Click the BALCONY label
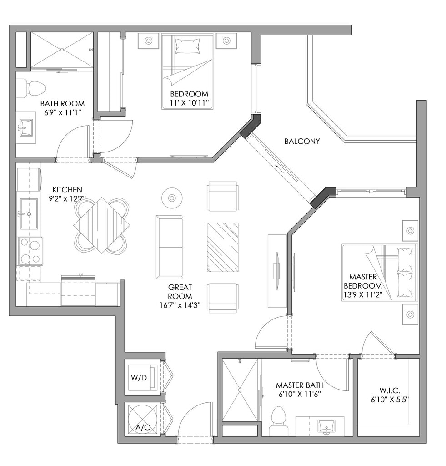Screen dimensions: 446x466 (301, 141)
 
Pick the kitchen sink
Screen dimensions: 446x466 (28, 213)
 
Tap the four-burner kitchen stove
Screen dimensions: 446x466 (30, 251)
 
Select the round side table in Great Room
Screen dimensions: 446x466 (172, 198)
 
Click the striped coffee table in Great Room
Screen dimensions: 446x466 (223, 247)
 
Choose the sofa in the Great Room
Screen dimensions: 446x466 (169, 247)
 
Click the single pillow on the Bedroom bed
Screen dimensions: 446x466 (188, 46)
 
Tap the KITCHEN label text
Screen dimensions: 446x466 (67, 189)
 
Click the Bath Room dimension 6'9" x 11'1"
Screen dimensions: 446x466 (60, 112)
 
